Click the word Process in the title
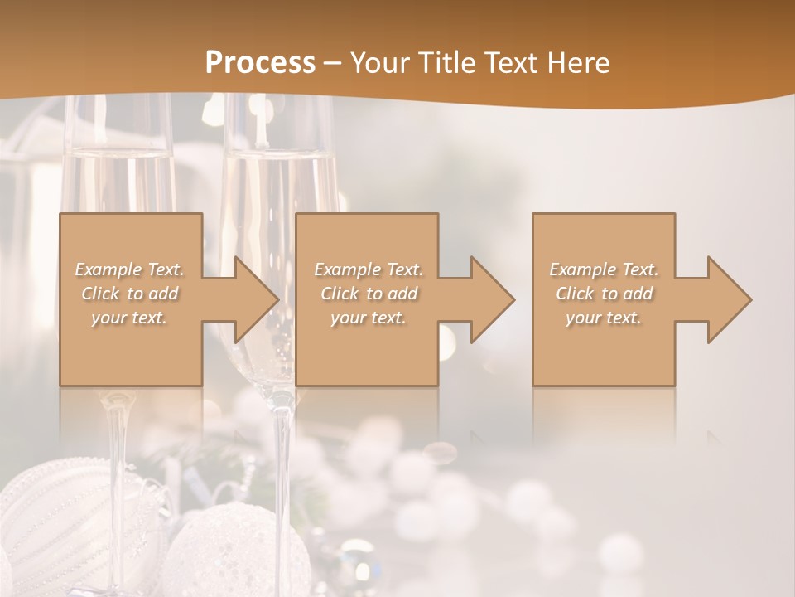(260, 63)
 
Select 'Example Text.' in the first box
(130, 269)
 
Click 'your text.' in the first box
(130, 318)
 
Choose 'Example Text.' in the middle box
(369, 269)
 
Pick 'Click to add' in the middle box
(369, 294)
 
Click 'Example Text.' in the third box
(604, 269)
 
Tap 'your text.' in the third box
(604, 318)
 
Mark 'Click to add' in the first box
(130, 294)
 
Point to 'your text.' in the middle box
(369, 318)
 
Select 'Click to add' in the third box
(604, 294)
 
